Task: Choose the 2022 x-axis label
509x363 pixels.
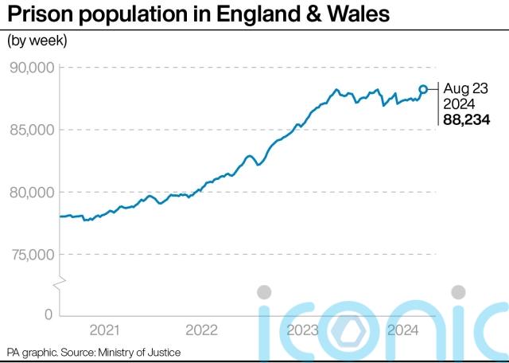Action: click(x=202, y=330)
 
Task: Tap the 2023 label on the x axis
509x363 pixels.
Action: click(x=303, y=330)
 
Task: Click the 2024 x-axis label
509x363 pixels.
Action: click(x=401, y=330)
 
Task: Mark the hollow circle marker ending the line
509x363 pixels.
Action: click(x=424, y=89)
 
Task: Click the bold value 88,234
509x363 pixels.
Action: click(x=466, y=120)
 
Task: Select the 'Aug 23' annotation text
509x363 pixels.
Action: click(x=465, y=89)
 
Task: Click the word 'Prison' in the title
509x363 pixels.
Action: click(x=41, y=14)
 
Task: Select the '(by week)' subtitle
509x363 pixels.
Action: click(x=37, y=40)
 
